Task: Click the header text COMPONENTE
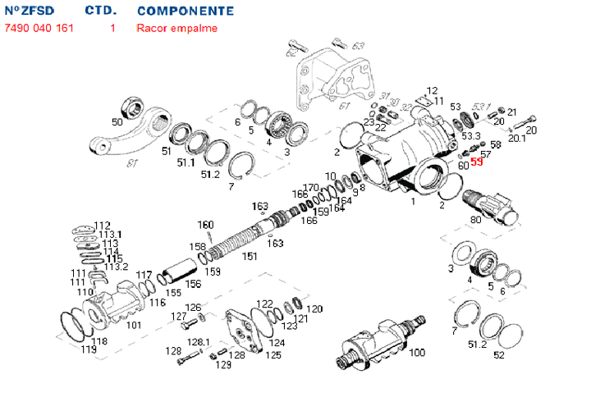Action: pos(185,11)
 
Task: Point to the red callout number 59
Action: pos(477,162)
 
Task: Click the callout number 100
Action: pos(417,353)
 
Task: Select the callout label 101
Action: pos(133,325)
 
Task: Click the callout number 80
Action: pos(476,219)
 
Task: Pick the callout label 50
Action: pos(117,122)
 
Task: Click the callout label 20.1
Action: pos(516,139)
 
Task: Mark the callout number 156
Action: pos(193,285)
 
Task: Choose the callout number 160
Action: pos(205,225)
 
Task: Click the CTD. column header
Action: pos(101,11)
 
